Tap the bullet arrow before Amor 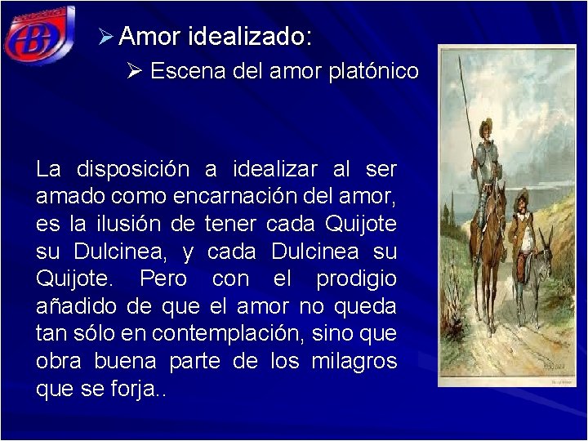tap(105, 37)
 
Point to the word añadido tap(73, 308)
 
